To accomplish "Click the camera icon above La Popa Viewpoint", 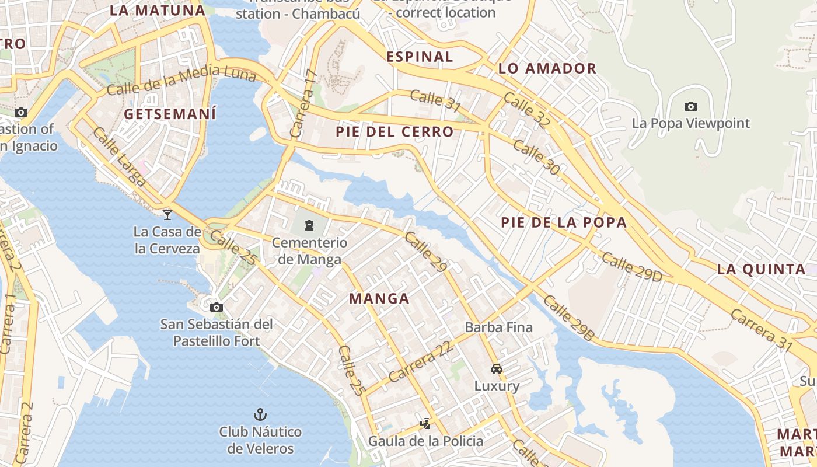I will tap(690, 106).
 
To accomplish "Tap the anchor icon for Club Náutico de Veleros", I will tap(260, 414).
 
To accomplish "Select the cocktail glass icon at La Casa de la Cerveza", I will tap(167, 214).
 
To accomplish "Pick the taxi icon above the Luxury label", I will tap(497, 368).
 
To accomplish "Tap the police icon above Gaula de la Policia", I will tap(426, 423).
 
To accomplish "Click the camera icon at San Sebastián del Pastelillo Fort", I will tap(217, 307).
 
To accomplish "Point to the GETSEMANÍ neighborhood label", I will tap(170, 114).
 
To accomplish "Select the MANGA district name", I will tap(379, 299).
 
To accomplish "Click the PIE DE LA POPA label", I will tap(564, 222).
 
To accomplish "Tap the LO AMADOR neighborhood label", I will tap(547, 69).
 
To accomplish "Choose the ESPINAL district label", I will tap(420, 57).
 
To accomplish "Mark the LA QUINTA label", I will tap(761, 269).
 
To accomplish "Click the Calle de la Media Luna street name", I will tap(181, 81).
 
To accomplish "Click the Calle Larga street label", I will tap(120, 157).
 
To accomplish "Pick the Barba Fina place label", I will tap(498, 327).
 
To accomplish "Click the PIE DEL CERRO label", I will tap(394, 132).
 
